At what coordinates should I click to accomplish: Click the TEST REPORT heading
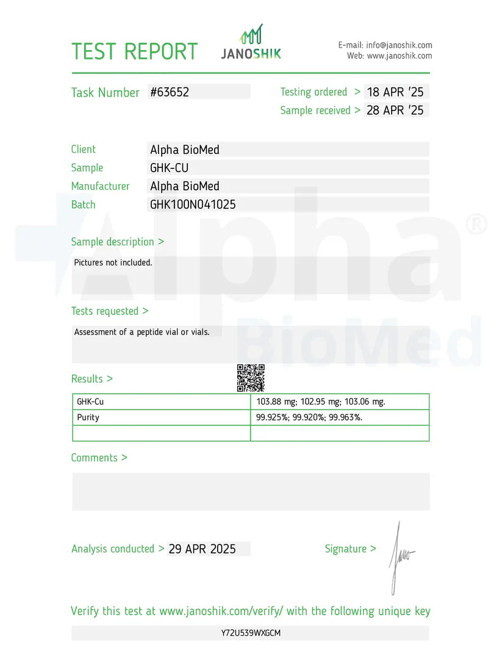point(134,51)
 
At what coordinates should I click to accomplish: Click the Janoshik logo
point(251,43)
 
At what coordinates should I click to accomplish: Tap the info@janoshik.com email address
point(399,45)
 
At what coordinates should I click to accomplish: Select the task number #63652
point(170,92)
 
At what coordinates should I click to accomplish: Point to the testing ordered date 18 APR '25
point(395,92)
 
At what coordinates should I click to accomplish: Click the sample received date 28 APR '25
point(395,110)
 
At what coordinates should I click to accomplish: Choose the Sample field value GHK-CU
point(169,168)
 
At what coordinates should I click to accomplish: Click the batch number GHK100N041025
point(193,204)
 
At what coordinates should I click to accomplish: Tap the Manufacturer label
point(100,186)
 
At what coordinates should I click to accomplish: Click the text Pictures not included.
point(113,262)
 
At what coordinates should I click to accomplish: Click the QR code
point(251,378)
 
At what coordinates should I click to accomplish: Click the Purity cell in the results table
point(88,417)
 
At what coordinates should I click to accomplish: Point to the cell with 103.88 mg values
point(321,402)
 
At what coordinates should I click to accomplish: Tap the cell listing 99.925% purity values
point(309,417)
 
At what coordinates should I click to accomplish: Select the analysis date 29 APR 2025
point(202,549)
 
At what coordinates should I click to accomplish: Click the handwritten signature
point(400,557)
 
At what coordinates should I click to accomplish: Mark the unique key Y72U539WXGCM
point(251,633)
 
